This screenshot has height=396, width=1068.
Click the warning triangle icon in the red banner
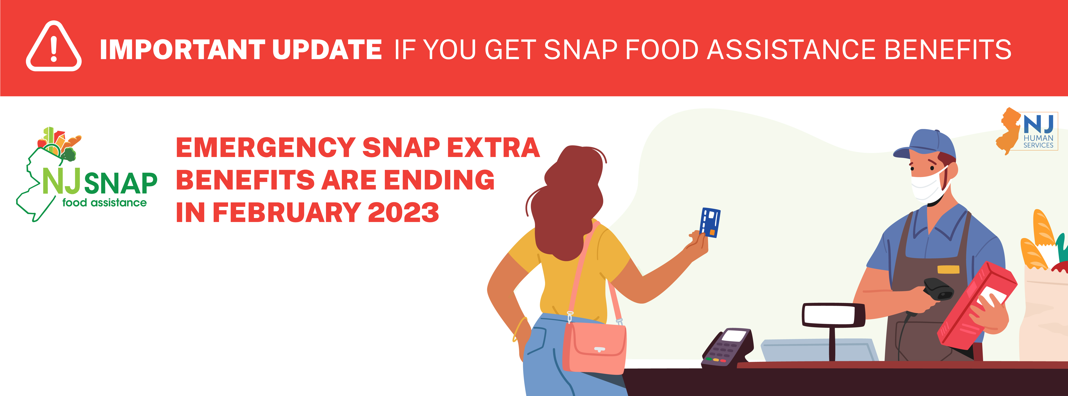(x=54, y=46)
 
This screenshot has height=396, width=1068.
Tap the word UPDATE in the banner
(x=327, y=50)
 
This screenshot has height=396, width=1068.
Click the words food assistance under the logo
(x=105, y=203)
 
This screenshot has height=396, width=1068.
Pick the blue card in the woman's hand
(x=710, y=222)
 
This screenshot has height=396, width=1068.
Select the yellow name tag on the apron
(x=948, y=269)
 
